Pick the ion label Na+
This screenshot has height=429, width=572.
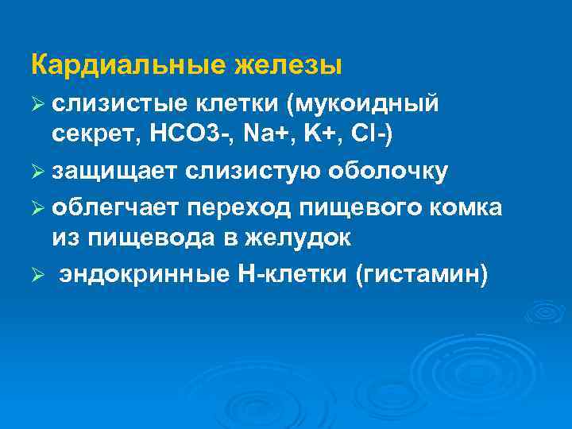[269, 136]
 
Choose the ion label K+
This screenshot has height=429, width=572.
[323, 136]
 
